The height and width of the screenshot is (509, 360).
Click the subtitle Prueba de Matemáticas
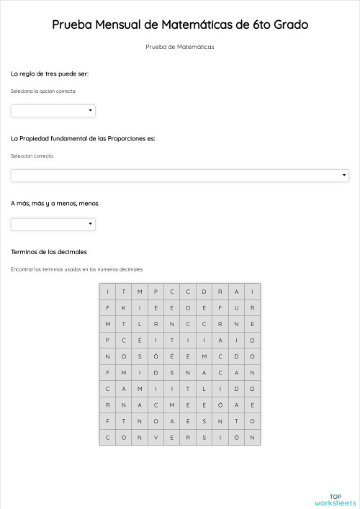click(180, 48)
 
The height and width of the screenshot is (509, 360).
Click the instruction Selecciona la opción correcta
click(43, 91)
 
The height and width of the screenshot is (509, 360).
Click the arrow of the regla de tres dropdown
click(90, 111)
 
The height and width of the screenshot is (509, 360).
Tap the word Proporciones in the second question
click(125, 138)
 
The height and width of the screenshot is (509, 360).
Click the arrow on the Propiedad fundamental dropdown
click(344, 176)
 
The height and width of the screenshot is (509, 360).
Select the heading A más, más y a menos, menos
click(55, 203)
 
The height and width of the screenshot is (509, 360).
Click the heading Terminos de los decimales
click(49, 252)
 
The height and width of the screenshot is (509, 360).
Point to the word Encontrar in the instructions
click(22, 269)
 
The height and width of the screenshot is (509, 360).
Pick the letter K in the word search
click(123, 307)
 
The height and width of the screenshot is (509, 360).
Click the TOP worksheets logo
click(336, 500)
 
